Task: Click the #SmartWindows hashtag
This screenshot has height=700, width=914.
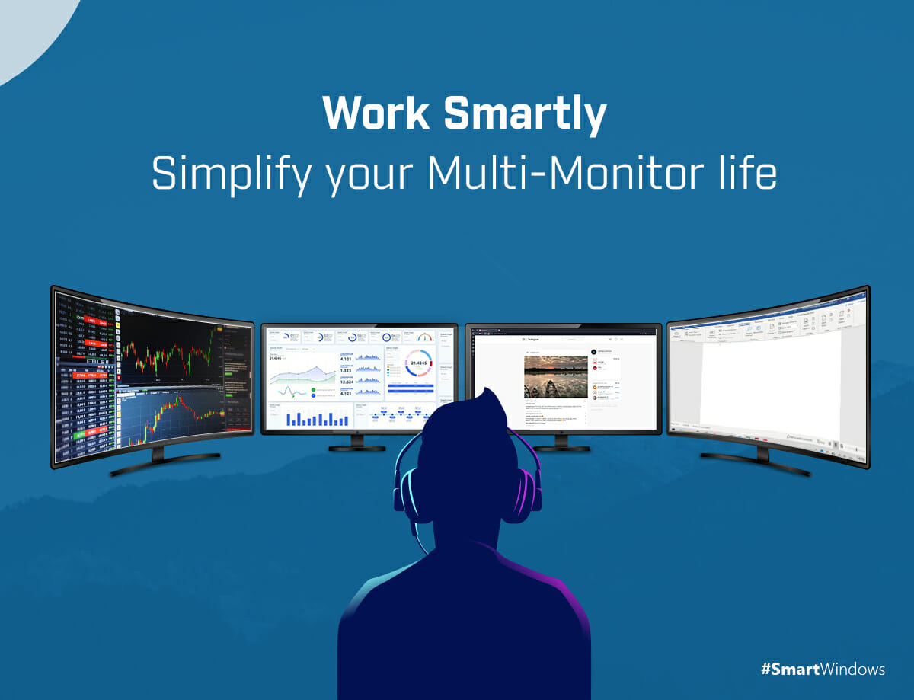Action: point(823,670)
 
